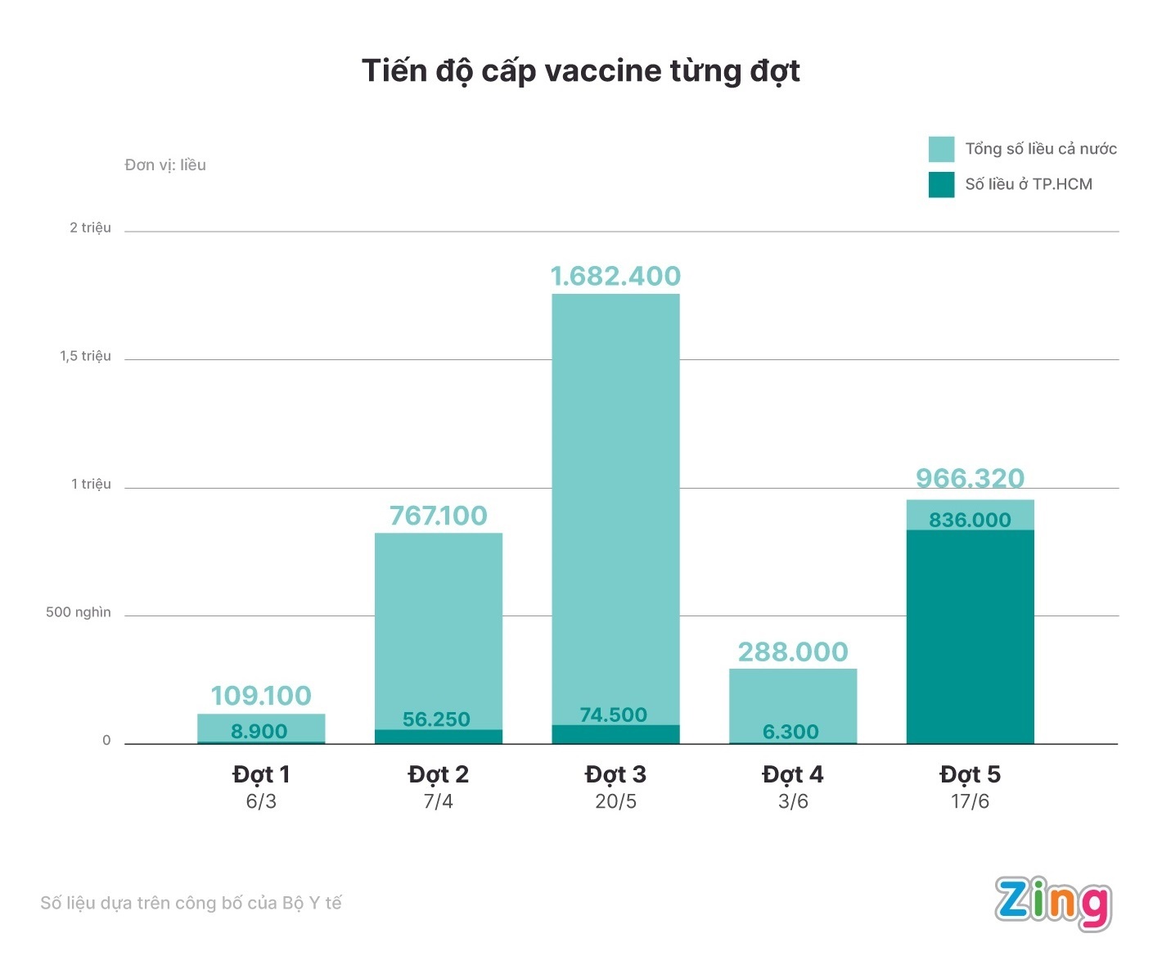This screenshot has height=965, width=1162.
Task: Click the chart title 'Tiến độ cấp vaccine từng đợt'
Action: [x=580, y=71]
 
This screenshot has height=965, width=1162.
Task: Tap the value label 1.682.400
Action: [x=615, y=277]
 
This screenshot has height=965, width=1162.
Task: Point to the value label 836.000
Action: [x=970, y=520]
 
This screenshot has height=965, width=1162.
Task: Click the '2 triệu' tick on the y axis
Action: [x=90, y=228]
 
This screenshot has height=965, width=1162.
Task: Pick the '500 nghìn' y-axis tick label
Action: [x=79, y=612]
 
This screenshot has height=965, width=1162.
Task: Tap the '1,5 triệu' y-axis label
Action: [x=85, y=356]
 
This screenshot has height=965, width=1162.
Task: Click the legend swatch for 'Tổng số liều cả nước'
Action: [x=941, y=149]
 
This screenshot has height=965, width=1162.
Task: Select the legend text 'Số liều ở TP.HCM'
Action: [x=1028, y=184]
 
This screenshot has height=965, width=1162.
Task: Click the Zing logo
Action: [x=1053, y=903]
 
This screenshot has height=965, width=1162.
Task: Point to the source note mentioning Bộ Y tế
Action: [x=191, y=903]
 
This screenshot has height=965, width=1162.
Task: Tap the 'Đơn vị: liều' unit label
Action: [x=165, y=165]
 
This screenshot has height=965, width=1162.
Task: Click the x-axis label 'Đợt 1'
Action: [x=261, y=774]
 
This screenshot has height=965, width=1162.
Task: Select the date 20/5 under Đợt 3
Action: [x=615, y=801]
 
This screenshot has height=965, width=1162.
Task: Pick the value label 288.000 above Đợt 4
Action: [x=793, y=652]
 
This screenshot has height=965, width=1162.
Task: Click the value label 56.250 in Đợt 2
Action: [x=436, y=719]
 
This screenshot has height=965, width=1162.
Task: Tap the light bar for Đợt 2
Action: [x=439, y=622]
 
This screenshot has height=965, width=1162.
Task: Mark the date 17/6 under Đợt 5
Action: [x=970, y=801]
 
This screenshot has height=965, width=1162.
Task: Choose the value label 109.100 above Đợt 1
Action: [x=261, y=696]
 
